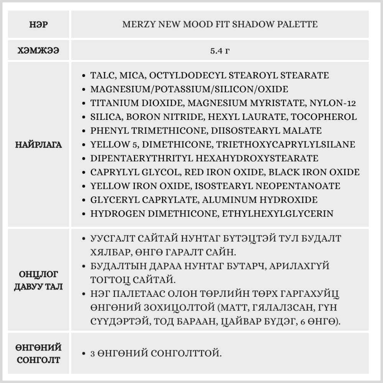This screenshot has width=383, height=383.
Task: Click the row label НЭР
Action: click(x=38, y=25)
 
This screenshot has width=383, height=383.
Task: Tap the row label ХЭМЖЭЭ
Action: click(x=38, y=51)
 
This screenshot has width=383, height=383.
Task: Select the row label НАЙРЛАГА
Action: click(x=38, y=144)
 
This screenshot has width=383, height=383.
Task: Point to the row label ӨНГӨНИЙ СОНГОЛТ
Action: click(x=38, y=354)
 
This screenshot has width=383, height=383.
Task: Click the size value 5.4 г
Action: click(x=219, y=51)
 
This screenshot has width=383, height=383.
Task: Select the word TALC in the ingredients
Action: click(x=101, y=75)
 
